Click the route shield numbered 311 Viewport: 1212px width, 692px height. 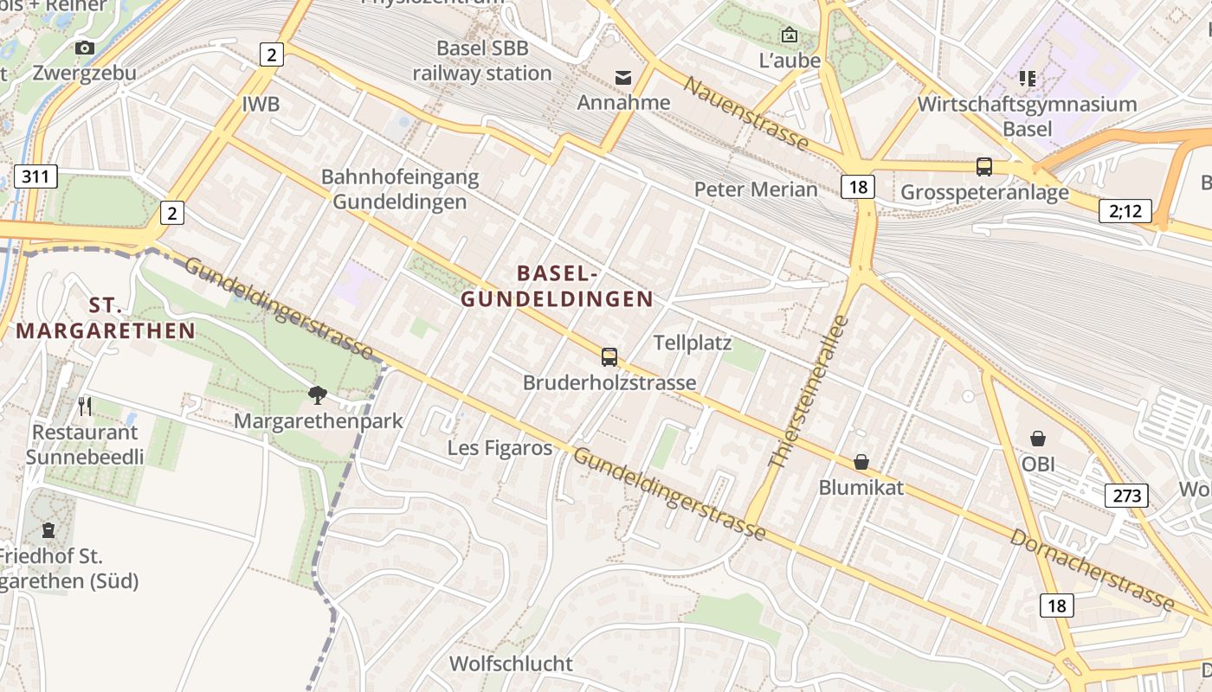tap(35, 177)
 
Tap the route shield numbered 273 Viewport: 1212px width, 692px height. tap(1126, 496)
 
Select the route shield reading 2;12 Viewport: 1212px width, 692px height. tap(1125, 210)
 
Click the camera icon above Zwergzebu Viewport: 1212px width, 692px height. tap(85, 48)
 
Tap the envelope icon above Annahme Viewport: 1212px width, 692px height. tap(623, 78)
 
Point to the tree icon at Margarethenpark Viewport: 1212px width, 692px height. tap(318, 395)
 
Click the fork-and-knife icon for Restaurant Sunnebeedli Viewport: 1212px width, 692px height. tap(85, 406)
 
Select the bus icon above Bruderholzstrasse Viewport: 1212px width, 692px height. tap(609, 356)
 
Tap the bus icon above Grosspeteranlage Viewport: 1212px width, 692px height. tap(984, 166)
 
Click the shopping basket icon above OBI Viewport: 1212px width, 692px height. tap(1038, 439)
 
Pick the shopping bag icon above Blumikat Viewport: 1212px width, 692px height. tap(861, 462)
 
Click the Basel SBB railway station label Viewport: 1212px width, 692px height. tap(482, 61)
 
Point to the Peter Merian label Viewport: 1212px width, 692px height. tap(756, 189)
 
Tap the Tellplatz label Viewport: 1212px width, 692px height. tap(693, 343)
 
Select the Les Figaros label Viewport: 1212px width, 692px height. tap(500, 447)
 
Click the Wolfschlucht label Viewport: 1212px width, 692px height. tap(511, 663)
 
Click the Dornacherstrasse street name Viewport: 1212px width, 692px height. tap(1092, 571)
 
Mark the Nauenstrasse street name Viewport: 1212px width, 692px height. tap(746, 113)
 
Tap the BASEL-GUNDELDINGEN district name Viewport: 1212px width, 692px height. tap(558, 286)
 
